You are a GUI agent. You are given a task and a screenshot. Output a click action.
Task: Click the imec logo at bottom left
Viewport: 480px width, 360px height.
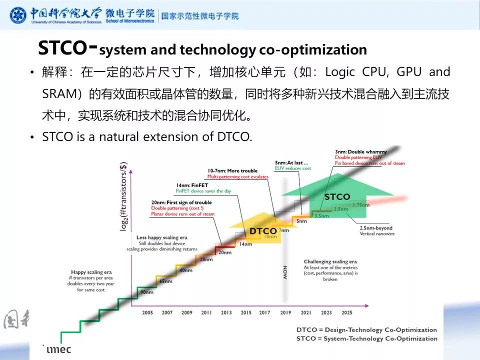[58, 349]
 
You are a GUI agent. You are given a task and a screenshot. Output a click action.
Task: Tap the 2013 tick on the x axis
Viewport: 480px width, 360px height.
[226, 312]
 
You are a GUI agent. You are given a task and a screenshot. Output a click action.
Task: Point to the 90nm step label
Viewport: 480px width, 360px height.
[147, 292]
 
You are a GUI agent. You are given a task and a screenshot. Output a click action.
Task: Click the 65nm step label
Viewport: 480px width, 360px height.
[166, 281]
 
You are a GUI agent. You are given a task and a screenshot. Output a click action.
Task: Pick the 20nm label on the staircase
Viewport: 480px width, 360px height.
[224, 252]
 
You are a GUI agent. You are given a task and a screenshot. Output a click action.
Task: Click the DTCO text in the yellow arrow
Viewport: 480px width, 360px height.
[263, 231]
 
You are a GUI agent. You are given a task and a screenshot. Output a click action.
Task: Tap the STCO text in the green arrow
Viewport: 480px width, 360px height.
[337, 197]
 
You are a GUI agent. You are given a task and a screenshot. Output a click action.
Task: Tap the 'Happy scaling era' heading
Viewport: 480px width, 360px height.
[88, 272]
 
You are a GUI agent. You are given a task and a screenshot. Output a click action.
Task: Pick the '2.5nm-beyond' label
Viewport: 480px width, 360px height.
[376, 228]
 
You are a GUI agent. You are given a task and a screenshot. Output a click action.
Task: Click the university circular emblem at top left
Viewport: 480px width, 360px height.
[18, 15]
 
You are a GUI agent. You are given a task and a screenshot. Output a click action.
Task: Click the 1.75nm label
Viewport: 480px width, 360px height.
[361, 205]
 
